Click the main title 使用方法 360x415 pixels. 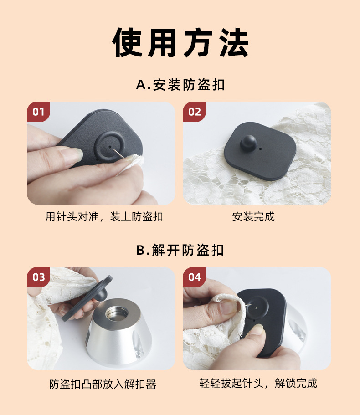click(180, 43)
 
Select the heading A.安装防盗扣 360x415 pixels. click(180, 85)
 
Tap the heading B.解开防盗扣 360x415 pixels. click(180, 250)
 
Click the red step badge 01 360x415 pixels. click(38, 112)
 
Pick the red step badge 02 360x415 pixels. click(195, 112)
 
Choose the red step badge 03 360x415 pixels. click(38, 277)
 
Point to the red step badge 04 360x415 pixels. click(195, 277)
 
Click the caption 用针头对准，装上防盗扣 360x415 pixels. click(104, 217)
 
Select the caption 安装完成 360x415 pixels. click(253, 217)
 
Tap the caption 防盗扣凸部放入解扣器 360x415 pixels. click(103, 384)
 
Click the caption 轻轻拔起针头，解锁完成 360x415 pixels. click(258, 383)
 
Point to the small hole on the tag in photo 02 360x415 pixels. click(260, 149)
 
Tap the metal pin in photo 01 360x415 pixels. click(119, 154)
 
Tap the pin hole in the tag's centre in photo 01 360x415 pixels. click(111, 147)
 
